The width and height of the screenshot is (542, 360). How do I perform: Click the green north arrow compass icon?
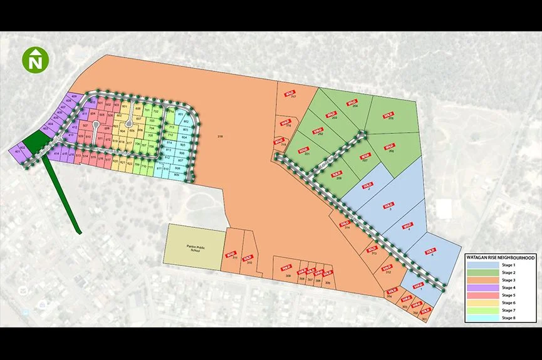pyautogui.click(x=35, y=60)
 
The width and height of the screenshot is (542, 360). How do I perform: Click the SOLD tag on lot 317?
pyautogui.click(x=289, y=93)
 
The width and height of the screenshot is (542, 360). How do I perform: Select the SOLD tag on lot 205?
pyautogui.click(x=388, y=115)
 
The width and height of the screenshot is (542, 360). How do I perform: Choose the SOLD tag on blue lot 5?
pyautogui.click(x=430, y=250)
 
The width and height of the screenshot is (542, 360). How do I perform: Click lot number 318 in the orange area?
pyautogui.click(x=220, y=136)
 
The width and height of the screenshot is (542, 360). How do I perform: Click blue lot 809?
pyautogui.click(x=177, y=175)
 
